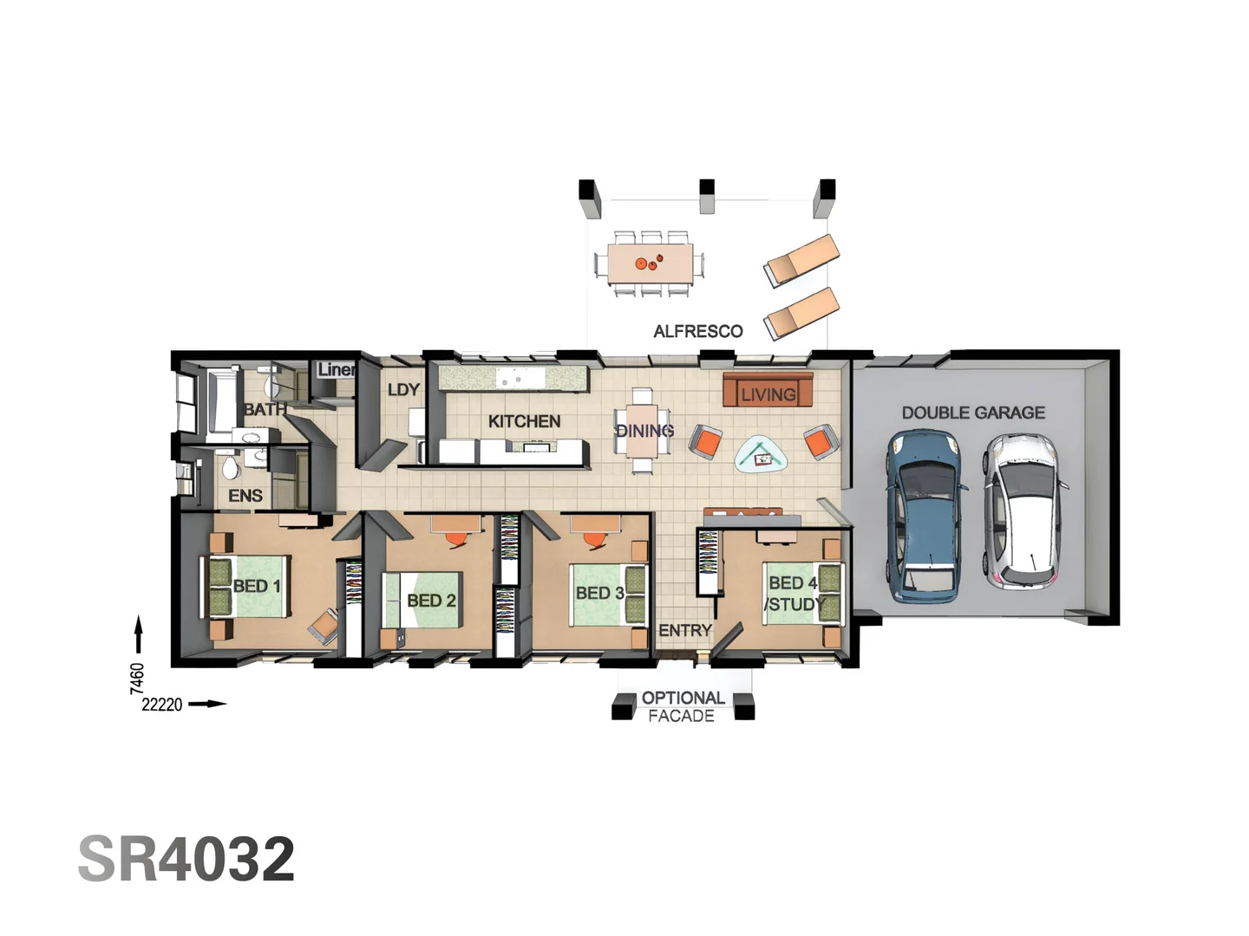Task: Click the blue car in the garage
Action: (x=925, y=517)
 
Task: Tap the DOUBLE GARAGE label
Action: (x=973, y=413)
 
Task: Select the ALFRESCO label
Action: (x=697, y=331)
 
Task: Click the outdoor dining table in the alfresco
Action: (x=650, y=263)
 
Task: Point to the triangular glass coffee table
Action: (x=762, y=453)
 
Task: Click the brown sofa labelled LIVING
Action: (x=768, y=391)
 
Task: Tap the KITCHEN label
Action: (x=524, y=421)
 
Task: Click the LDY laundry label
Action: (x=403, y=390)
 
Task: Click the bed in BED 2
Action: (x=423, y=600)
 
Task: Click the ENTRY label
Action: (x=684, y=630)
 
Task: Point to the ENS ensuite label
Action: (x=245, y=496)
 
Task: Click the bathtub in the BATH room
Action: (x=221, y=400)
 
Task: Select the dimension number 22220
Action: (x=162, y=705)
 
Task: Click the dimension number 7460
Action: (x=137, y=678)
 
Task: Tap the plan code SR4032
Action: (x=186, y=859)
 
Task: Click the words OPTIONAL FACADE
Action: (x=683, y=706)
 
